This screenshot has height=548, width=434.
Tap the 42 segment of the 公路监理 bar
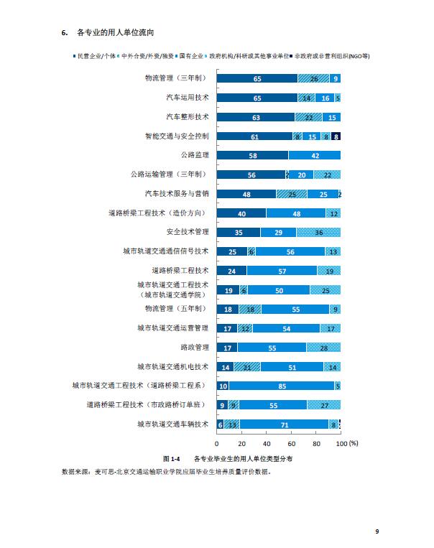coord(314,155)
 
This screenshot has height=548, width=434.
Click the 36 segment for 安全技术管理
coord(318,232)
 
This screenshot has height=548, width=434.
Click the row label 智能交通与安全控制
coord(177,136)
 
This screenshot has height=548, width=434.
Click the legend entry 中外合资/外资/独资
coord(143,55)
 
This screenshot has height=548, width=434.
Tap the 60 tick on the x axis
coord(291,442)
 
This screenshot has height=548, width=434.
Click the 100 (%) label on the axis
coord(346,442)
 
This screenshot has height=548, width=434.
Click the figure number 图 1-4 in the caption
coord(170,458)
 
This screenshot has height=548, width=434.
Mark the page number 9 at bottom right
coord(377,531)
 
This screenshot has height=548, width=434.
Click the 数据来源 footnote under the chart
coord(166,473)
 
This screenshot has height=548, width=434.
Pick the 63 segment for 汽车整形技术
coord(255,116)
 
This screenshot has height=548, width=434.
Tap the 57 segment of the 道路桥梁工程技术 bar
coord(282,271)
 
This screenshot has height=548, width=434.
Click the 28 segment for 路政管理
coord(323,347)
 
